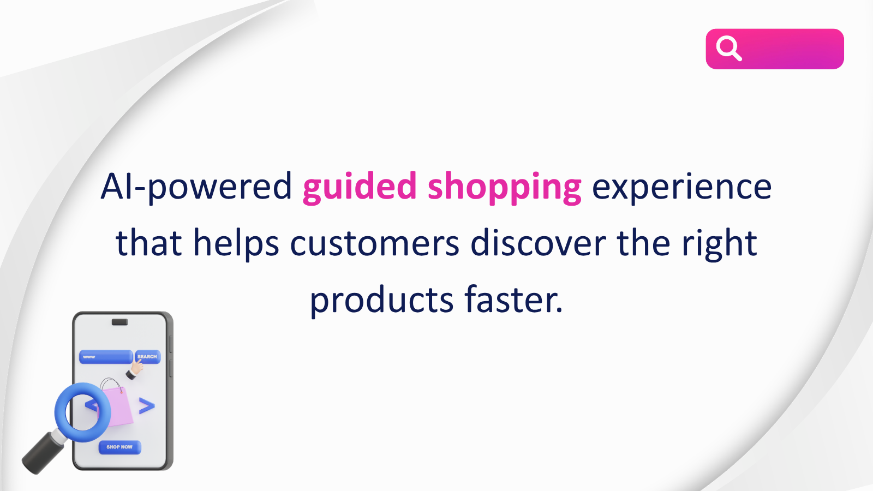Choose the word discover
[x=538, y=243]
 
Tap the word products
[x=381, y=301]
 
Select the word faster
[x=513, y=300]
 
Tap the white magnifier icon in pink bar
[x=729, y=49]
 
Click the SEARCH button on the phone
[x=147, y=357]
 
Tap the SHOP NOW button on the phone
[x=119, y=447]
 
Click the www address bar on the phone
[x=106, y=357]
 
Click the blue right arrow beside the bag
[x=147, y=406]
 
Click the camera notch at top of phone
[x=119, y=322]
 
